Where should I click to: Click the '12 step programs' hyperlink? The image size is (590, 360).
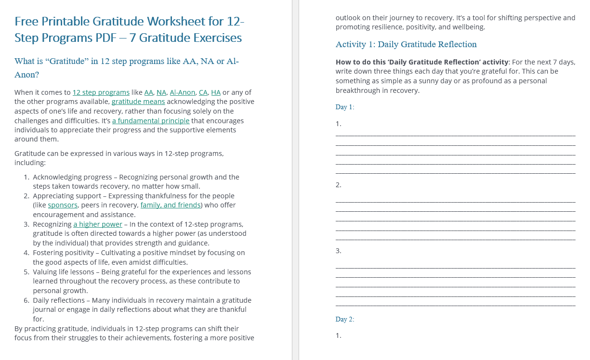pyautogui.click(x=101, y=92)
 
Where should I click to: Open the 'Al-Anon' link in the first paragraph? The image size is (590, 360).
pyautogui.click(x=183, y=92)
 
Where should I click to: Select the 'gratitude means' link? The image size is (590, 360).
pyautogui.click(x=138, y=102)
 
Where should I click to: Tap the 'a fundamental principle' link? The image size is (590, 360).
pyautogui.click(x=151, y=120)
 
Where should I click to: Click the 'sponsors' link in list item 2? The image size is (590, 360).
pyautogui.click(x=63, y=205)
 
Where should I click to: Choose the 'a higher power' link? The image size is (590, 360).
pyautogui.click(x=98, y=224)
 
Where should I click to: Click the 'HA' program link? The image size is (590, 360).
pyautogui.click(x=216, y=92)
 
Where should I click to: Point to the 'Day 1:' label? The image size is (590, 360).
pyautogui.click(x=345, y=107)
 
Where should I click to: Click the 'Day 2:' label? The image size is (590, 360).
pyautogui.click(x=345, y=320)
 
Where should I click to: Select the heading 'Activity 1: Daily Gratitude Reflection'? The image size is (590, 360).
pyautogui.click(x=406, y=44)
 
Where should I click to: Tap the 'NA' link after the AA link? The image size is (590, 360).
pyautogui.click(x=161, y=92)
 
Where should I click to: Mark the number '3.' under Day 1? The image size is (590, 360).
pyautogui.click(x=339, y=251)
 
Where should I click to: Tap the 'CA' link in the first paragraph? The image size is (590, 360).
pyautogui.click(x=203, y=92)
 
